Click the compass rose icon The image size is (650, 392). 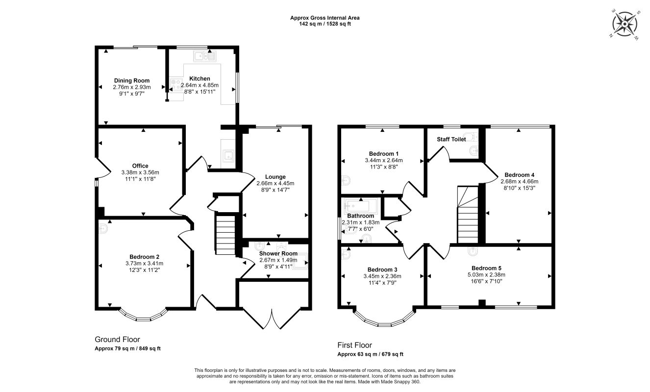click(625, 24)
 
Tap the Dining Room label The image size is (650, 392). click(132, 81)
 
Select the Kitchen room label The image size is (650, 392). click(200, 78)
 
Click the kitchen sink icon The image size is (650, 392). click(204, 56)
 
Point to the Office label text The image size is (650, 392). click(140, 166)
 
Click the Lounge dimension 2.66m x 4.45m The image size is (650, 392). click(275, 183)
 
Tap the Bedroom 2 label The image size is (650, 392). click(144, 257)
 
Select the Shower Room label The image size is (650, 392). click(278, 253)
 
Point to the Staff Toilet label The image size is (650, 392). click(451, 139)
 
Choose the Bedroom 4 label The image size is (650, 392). click(520, 175)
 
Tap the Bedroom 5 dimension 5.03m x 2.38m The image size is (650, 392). click(486, 275)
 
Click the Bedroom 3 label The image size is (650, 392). click(382, 269)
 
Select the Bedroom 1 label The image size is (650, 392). click(384, 154)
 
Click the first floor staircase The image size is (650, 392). click(468, 215)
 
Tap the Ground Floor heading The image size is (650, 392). click(117, 340)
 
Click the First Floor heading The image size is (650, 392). click(354, 345)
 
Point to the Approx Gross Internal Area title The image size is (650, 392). click(325, 18)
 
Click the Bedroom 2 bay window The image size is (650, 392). click(143, 316)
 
